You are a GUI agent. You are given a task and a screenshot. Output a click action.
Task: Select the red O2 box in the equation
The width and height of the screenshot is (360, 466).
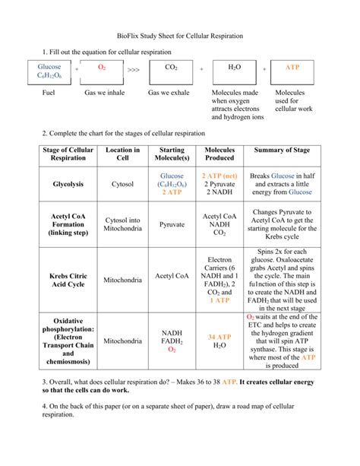(x=102, y=68)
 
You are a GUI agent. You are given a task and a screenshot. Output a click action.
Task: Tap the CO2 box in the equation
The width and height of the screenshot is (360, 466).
(x=171, y=68)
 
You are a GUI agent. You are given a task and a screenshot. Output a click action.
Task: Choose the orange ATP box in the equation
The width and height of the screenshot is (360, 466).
(x=292, y=68)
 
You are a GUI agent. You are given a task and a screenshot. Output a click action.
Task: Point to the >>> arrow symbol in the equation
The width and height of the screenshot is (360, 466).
(x=134, y=69)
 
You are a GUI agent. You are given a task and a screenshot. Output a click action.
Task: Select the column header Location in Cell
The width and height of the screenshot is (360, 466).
(x=122, y=154)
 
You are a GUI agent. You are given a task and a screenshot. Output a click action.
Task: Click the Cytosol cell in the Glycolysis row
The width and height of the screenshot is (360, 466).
(x=122, y=184)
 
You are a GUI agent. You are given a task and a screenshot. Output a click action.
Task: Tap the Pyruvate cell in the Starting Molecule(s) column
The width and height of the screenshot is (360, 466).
(x=172, y=225)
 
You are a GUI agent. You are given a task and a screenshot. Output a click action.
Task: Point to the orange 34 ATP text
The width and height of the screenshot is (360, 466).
(x=219, y=337)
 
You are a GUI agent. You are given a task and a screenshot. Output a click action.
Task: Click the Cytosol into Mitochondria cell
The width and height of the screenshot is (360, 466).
(x=122, y=225)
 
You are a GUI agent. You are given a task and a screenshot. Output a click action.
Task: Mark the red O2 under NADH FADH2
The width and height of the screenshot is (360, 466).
(x=172, y=350)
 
